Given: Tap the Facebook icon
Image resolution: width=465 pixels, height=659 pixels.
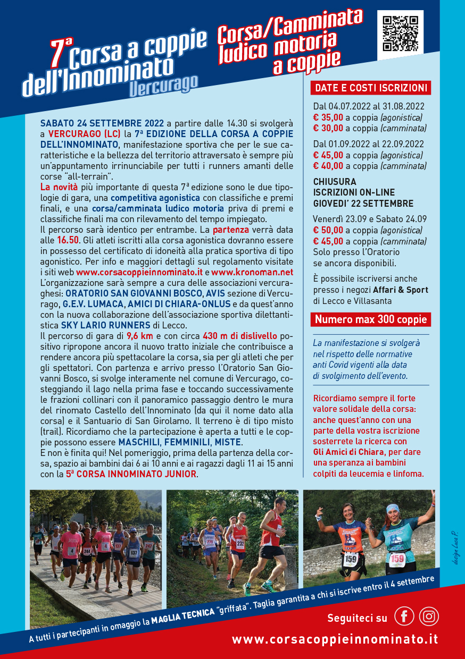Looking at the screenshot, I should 404,616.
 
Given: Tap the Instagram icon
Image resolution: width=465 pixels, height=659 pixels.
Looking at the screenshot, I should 429,616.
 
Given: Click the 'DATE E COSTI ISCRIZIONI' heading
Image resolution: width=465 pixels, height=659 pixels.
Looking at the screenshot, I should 371,88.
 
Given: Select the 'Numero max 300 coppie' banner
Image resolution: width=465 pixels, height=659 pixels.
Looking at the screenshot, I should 371,319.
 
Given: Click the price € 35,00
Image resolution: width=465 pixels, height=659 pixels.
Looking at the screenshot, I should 328,117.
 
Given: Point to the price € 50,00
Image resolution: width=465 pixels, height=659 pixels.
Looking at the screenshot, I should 328,230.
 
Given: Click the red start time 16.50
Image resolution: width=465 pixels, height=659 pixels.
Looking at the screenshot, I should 68,240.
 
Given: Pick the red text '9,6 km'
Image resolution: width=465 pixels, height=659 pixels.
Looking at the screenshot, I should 139,335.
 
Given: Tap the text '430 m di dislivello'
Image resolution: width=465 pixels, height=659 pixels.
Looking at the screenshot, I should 240,335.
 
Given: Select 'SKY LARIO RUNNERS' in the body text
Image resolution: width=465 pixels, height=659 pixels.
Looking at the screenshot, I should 105,325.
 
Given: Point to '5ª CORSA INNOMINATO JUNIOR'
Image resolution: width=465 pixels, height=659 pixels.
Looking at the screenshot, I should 131,474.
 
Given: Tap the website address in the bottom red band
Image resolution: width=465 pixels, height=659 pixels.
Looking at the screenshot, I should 335,639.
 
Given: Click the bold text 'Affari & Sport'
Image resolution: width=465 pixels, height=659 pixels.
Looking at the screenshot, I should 400,290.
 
